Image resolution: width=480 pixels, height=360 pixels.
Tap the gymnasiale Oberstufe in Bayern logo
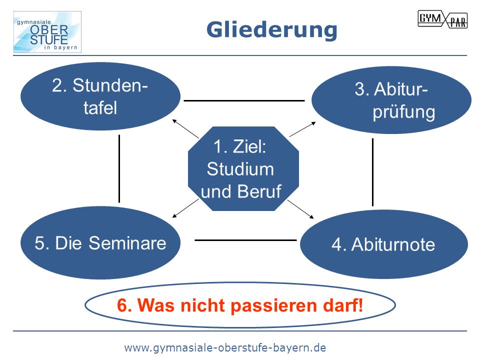tap(47, 32)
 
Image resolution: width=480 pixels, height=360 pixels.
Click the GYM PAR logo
tap(442, 19)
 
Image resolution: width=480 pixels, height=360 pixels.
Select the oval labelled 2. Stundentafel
tap(100, 96)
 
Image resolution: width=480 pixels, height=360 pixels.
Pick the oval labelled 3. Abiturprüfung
tap(391, 100)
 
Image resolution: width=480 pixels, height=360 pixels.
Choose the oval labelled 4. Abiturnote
tap(384, 244)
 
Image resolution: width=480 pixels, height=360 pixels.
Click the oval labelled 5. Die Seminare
tap(100, 243)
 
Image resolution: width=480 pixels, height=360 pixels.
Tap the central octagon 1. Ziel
tap(243, 168)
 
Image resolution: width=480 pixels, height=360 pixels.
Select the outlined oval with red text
tap(240, 305)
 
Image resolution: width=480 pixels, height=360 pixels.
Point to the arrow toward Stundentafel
tap(186, 129)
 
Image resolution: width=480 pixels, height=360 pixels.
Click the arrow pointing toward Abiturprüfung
tap(302, 129)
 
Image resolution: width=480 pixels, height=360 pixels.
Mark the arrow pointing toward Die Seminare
tap(186, 208)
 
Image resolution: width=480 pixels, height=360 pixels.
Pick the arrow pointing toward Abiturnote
tap(300, 209)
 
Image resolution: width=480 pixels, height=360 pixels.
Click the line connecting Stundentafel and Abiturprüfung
tap(244, 100)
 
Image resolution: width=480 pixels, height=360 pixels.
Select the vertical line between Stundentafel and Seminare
tap(119, 168)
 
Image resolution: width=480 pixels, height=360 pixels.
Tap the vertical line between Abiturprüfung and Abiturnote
tap(372, 172)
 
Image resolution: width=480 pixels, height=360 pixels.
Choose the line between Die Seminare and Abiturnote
tap(245, 240)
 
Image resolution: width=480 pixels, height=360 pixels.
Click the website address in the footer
tap(225, 348)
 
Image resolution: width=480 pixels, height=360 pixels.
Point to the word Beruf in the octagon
tap(259, 191)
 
